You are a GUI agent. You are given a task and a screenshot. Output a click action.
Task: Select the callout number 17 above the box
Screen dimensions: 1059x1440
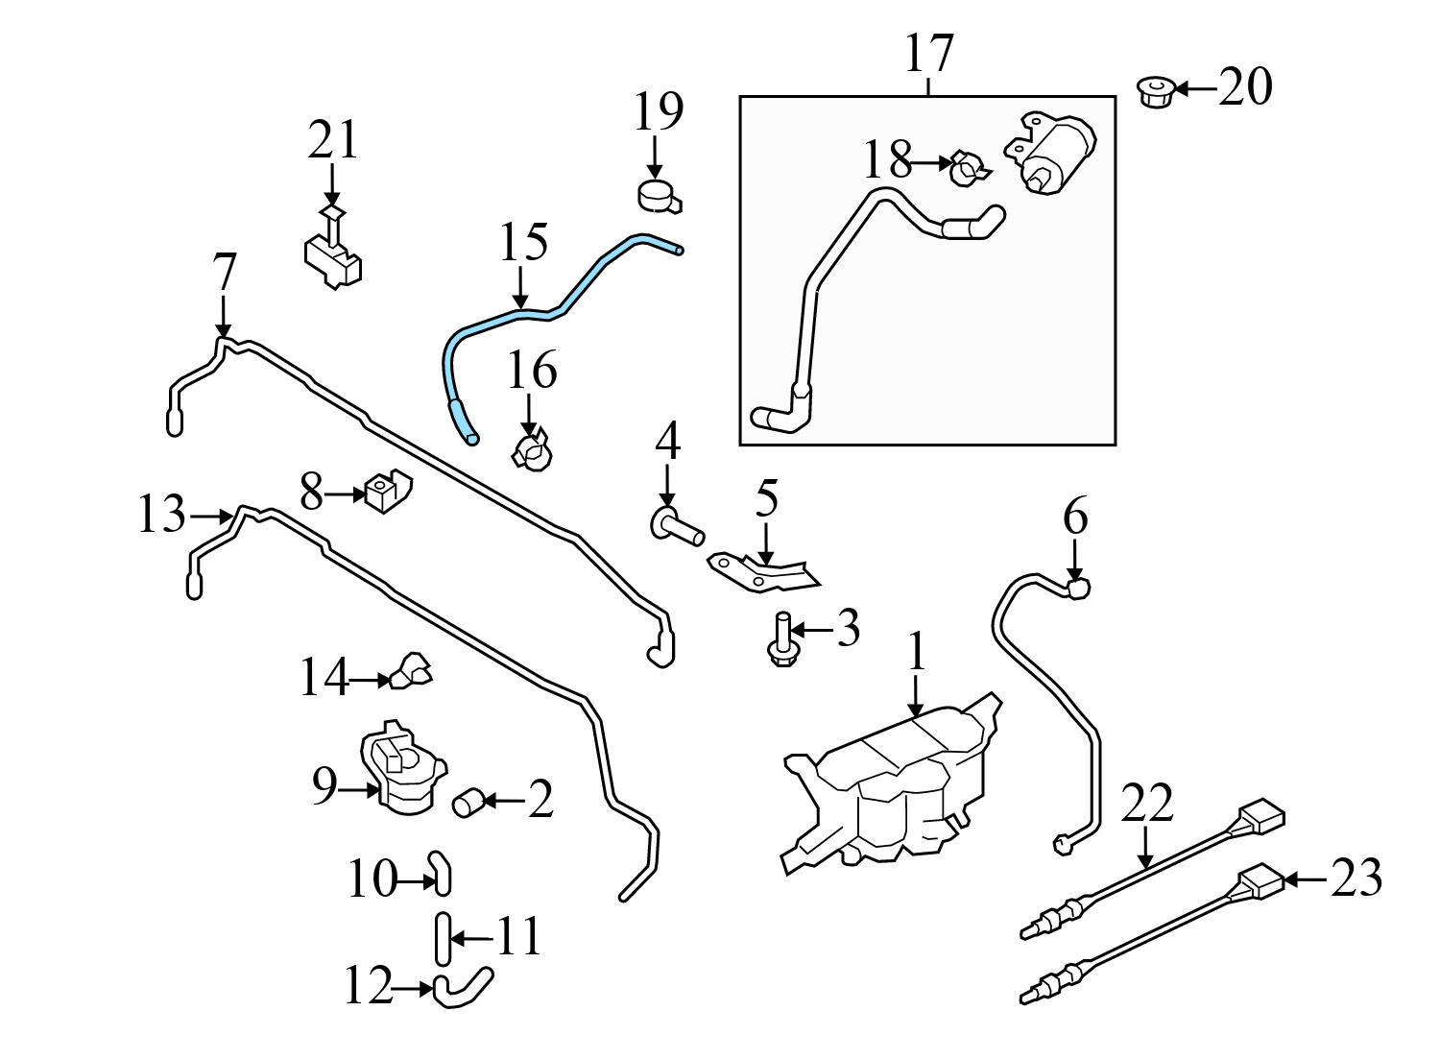[928, 54]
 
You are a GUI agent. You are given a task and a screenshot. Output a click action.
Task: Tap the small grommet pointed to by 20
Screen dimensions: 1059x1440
[1156, 92]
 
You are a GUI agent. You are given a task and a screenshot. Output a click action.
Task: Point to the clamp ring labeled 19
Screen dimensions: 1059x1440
[659, 195]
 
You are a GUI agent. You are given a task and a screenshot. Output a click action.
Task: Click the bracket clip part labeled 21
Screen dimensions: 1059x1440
[334, 255]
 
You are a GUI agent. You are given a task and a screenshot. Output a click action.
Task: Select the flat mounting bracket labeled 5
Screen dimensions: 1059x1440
[763, 570]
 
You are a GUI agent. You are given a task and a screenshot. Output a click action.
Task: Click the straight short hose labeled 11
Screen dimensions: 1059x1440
[442, 938]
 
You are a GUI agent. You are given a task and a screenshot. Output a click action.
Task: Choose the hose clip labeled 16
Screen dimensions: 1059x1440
[532, 450]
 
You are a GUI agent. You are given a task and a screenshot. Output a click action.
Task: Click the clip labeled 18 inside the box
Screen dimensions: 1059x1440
[968, 170]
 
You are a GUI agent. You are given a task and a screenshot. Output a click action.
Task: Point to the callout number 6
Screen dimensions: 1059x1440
[1074, 519]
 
